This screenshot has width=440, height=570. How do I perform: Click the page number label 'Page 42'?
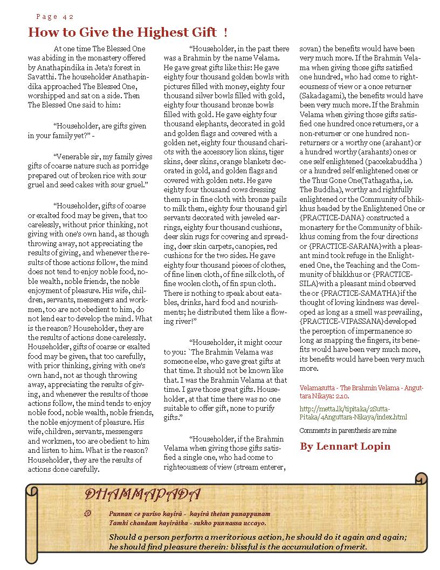pyautogui.click(x=56, y=17)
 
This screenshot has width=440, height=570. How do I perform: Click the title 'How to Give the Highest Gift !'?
pyautogui.click(x=128, y=32)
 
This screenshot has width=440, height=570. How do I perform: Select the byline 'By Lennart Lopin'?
pyautogui.click(x=345, y=446)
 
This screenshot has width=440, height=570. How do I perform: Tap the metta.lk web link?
pyautogui.click(x=353, y=413)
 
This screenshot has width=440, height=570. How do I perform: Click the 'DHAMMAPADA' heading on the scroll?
pyautogui.click(x=143, y=494)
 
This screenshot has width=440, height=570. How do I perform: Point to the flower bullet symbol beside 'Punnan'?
pyautogui.click(x=89, y=513)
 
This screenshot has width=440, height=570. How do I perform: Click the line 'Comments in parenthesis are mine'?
pyautogui.click(x=348, y=431)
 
